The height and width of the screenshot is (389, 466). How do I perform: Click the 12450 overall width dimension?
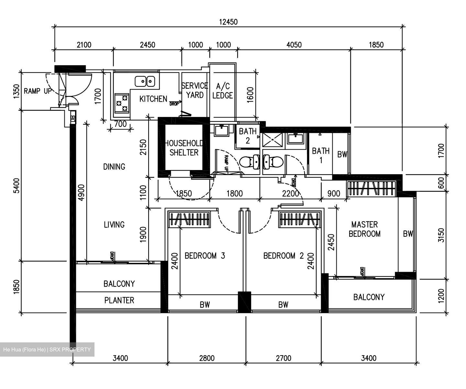tap(228, 22)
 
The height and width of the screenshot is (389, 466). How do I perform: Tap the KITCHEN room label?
tap(153, 99)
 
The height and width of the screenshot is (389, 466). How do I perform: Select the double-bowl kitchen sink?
tap(145, 81)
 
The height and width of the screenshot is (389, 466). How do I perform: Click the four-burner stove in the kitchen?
tap(122, 103)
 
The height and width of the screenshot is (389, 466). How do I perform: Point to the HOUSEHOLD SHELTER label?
tap(184, 148)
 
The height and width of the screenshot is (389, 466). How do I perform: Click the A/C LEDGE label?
tap(223, 91)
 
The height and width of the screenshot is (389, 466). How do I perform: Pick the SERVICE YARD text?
tap(194, 90)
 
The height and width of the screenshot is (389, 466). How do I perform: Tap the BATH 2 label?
tap(248, 136)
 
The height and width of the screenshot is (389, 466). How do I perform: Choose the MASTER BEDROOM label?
tap(364, 229)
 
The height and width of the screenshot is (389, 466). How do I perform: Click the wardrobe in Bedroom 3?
tap(189, 219)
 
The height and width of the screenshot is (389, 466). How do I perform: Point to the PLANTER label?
tap(119, 300)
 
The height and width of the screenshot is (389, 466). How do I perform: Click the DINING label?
tap(114, 166)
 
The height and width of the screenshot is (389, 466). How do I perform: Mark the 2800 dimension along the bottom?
tap(206, 358)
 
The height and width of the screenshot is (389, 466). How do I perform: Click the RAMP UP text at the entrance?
tap(38, 91)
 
